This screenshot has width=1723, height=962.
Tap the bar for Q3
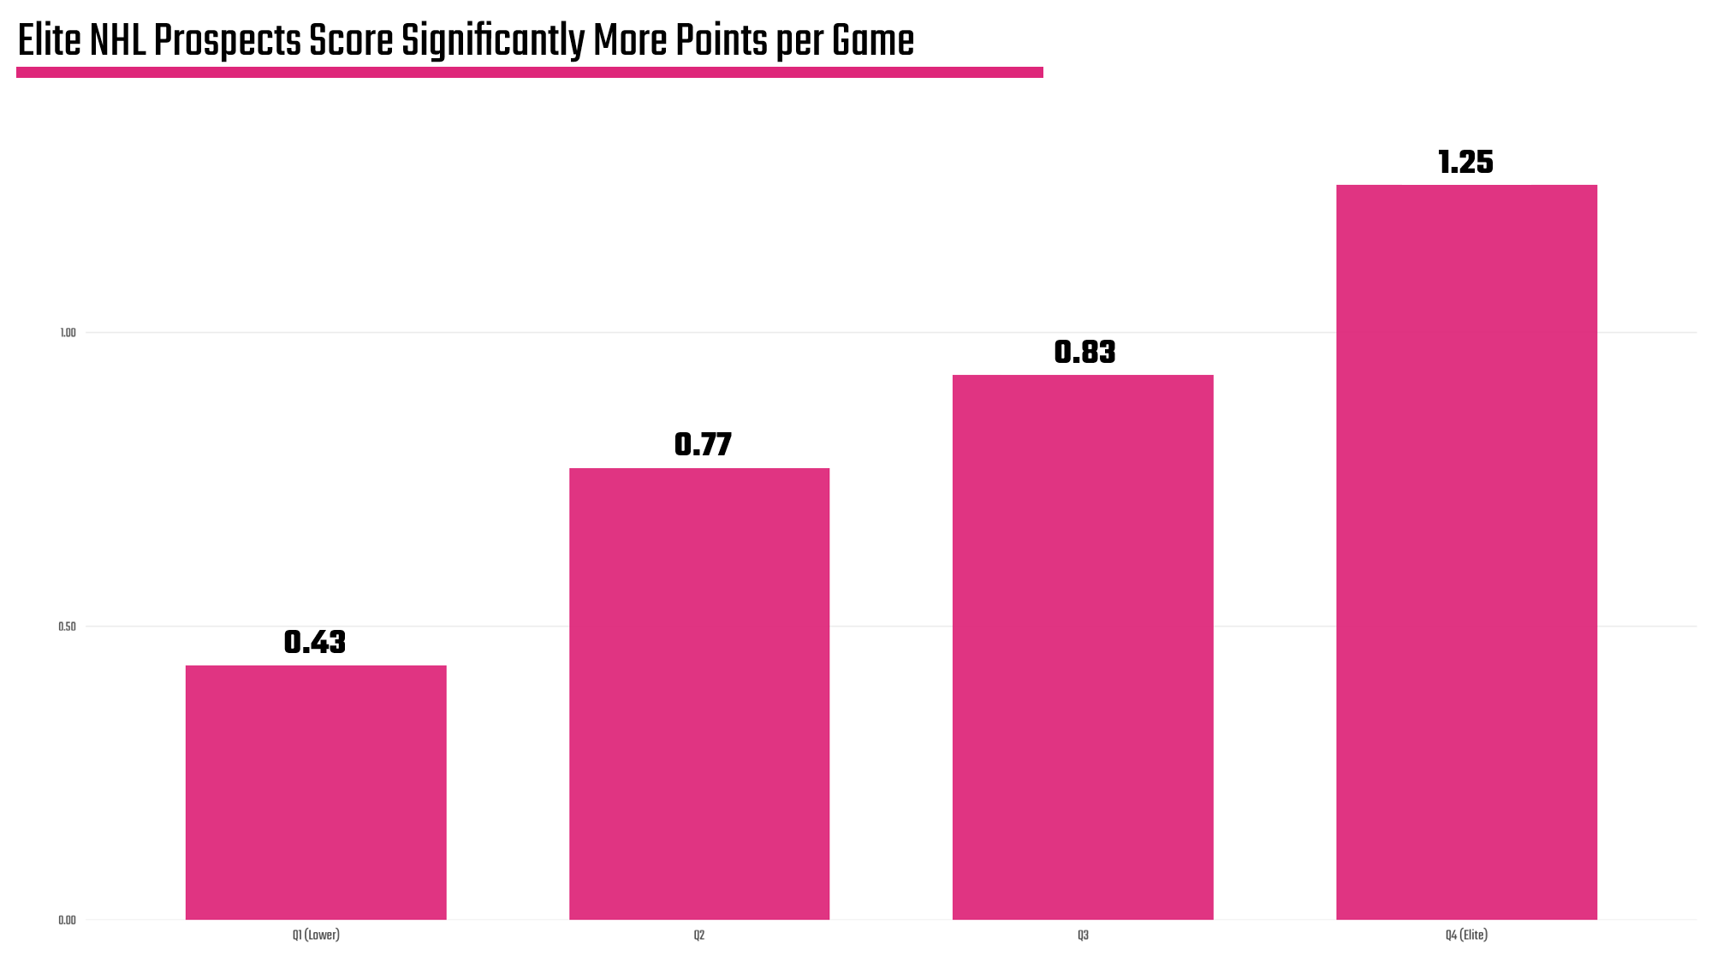tap(1083, 647)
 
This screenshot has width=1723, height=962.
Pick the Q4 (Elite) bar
tap(1466, 552)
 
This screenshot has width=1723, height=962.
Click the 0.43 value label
tap(315, 642)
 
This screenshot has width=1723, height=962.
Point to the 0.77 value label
tap(703, 444)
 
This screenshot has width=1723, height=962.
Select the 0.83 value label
tap(1084, 352)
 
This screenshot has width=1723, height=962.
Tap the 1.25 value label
tap(1465, 162)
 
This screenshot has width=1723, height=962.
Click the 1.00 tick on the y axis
tap(68, 333)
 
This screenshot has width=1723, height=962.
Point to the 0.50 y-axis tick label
tap(67, 626)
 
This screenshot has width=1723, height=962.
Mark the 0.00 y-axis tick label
tap(67, 920)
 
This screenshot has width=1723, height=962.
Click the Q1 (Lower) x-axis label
tap(316, 935)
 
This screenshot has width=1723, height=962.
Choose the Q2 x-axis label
tap(699, 935)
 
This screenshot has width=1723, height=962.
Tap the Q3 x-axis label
tap(1083, 935)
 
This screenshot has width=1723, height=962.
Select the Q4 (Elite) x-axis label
tap(1466, 935)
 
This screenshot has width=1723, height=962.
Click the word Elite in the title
tap(49, 40)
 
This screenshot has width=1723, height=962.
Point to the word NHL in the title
tap(118, 40)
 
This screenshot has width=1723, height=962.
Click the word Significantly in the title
tap(492, 40)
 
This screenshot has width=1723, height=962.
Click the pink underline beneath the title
tap(529, 73)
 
